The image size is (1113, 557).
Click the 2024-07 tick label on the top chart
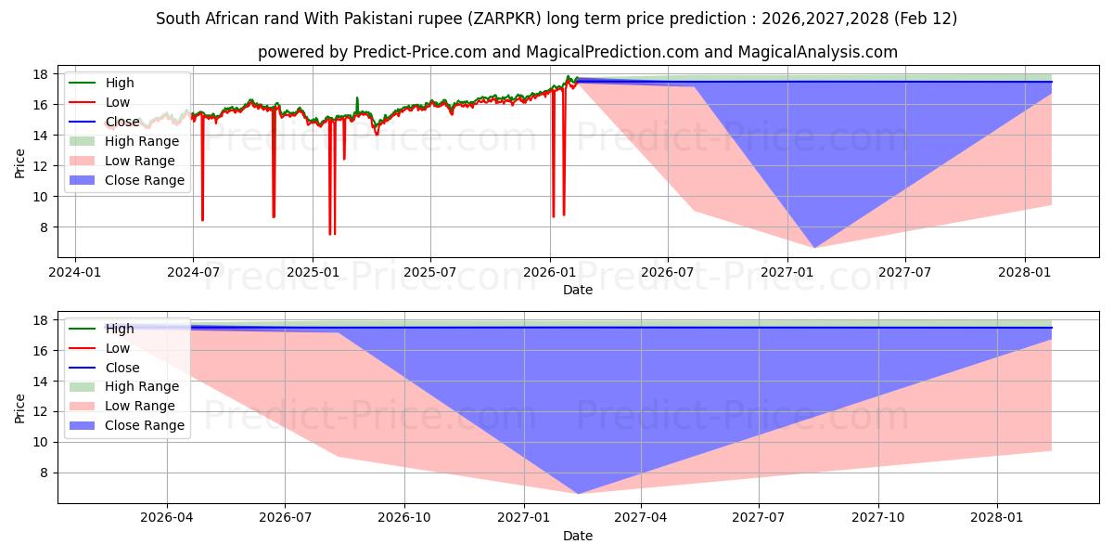pyautogui.click(x=193, y=272)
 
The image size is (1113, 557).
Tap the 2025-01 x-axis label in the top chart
pyautogui.click(x=312, y=272)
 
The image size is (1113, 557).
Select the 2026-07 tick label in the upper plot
pyautogui.click(x=668, y=272)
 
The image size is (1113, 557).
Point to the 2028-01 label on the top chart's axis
pyautogui.click(x=1024, y=272)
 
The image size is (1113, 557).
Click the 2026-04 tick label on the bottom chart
pyautogui.click(x=167, y=517)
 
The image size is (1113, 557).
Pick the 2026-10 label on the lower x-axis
pyautogui.click(x=406, y=517)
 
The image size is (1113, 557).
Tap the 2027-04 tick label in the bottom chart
pyautogui.click(x=641, y=517)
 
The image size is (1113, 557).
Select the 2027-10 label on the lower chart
pyautogui.click(x=877, y=517)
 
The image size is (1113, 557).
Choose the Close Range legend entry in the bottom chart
pyautogui.click(x=144, y=425)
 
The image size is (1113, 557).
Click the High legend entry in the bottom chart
pyautogui.click(x=120, y=329)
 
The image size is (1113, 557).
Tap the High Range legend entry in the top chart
pyautogui.click(x=141, y=141)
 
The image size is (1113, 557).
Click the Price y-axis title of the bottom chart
pyautogui.click(x=20, y=408)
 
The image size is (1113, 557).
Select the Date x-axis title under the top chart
pyautogui.click(x=578, y=290)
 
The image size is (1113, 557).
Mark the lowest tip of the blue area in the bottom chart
pyautogui.click(x=578, y=493)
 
